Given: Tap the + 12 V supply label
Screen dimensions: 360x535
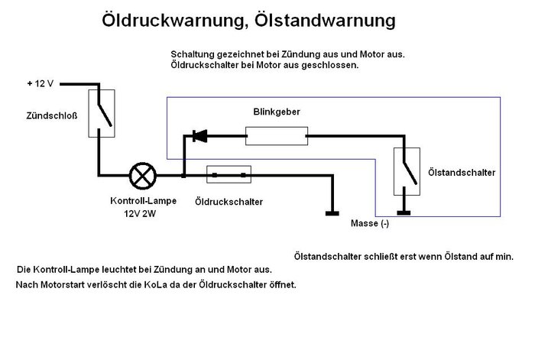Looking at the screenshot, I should tap(41, 83).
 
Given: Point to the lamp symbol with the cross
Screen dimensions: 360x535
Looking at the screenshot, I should tap(141, 176).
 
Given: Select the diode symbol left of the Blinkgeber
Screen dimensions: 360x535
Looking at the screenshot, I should tap(199, 137).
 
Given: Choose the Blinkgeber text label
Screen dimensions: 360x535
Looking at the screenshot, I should tap(276, 112).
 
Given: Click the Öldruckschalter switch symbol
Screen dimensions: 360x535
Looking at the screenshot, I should tap(229, 176).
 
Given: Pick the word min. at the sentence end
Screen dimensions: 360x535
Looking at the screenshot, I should tap(504, 257).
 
